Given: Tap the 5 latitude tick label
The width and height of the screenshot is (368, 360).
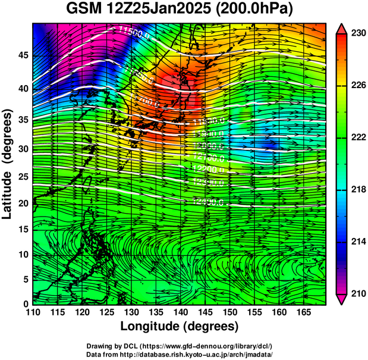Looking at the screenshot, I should (25, 279).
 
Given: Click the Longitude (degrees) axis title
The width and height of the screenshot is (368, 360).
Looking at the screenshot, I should (180, 326).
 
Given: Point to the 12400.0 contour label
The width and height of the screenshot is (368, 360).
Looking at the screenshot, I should (208, 202).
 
